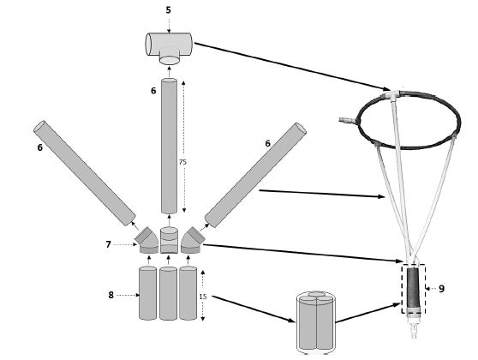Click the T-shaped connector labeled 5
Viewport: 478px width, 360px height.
[169, 45]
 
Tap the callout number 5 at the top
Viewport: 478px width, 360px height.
[168, 10]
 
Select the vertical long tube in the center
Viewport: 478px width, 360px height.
[170, 146]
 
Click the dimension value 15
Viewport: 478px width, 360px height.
[202, 296]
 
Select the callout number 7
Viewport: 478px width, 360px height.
[108, 244]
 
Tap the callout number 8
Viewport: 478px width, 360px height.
[111, 295]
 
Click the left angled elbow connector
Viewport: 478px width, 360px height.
[146, 239]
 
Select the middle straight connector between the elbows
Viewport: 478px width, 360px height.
[170, 240]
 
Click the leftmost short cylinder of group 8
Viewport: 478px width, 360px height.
[147, 294]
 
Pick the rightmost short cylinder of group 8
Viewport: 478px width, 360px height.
[188, 294]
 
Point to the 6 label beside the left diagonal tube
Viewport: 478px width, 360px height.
[39, 147]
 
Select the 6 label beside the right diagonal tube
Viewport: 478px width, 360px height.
[267, 144]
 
